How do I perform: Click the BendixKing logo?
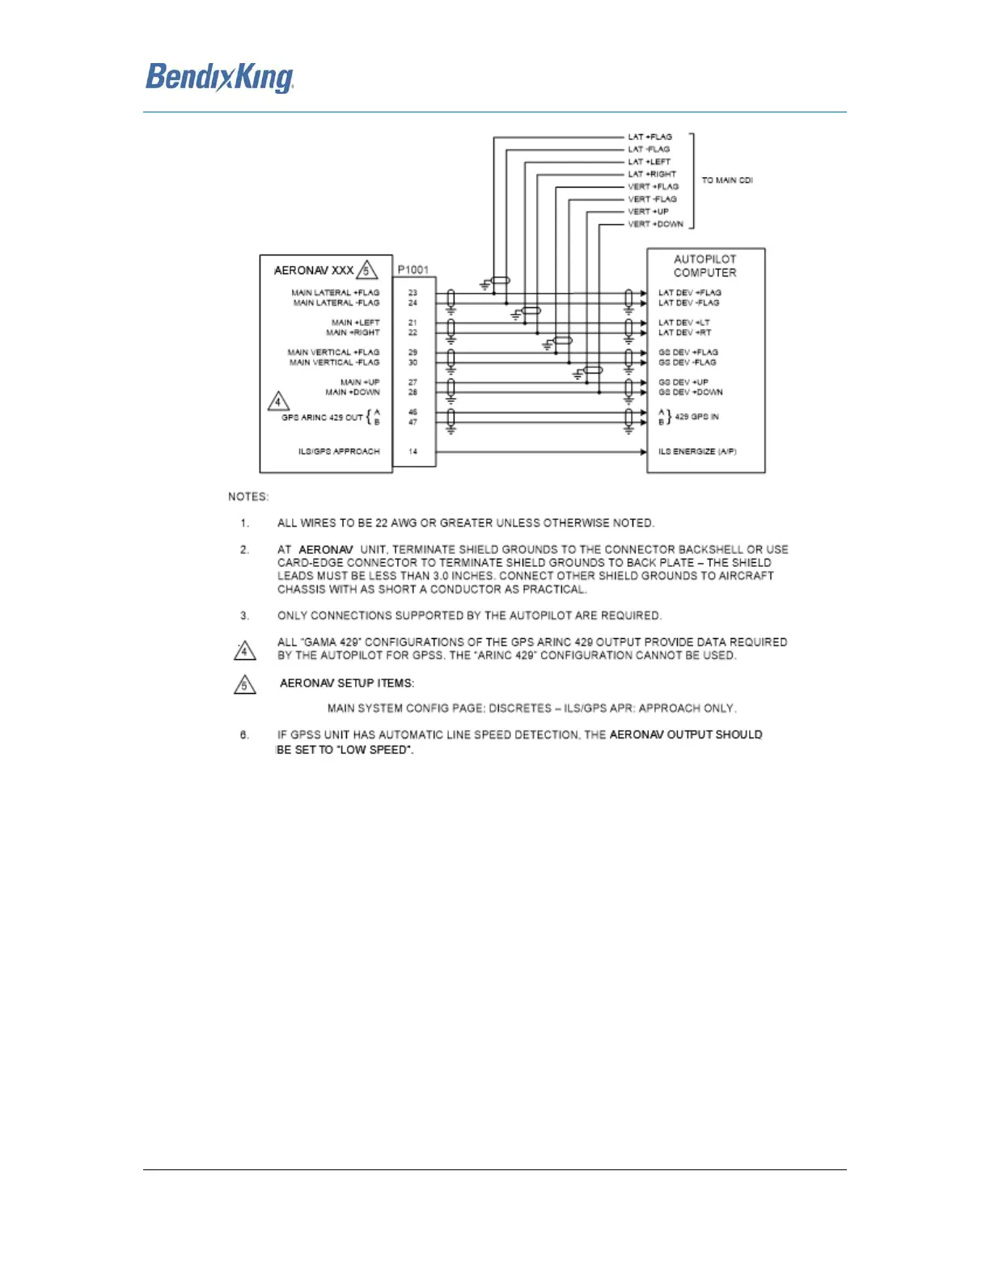[x=219, y=78]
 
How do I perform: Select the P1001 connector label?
[x=412, y=269]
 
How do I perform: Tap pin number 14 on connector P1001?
[x=412, y=451]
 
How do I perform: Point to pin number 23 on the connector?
[x=412, y=293]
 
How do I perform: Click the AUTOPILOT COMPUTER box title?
[x=704, y=266]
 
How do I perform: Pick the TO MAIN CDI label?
[x=726, y=180]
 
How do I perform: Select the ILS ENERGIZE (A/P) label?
[x=696, y=451]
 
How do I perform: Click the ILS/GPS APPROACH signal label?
[x=338, y=451]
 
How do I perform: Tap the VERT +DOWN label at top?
[x=655, y=224]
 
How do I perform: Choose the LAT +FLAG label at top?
[x=649, y=137]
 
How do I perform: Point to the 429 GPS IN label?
[x=696, y=416]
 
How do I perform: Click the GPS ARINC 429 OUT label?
[x=322, y=417]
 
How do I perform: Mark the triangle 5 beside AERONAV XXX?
[x=367, y=270]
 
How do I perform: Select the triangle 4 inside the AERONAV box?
[x=278, y=401]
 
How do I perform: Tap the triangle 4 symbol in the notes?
[x=245, y=650]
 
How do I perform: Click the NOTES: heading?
[x=247, y=497]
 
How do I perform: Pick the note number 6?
[x=244, y=735]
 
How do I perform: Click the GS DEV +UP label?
[x=683, y=382]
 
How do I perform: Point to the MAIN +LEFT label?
[x=355, y=323]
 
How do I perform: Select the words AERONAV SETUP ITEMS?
[x=346, y=683]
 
